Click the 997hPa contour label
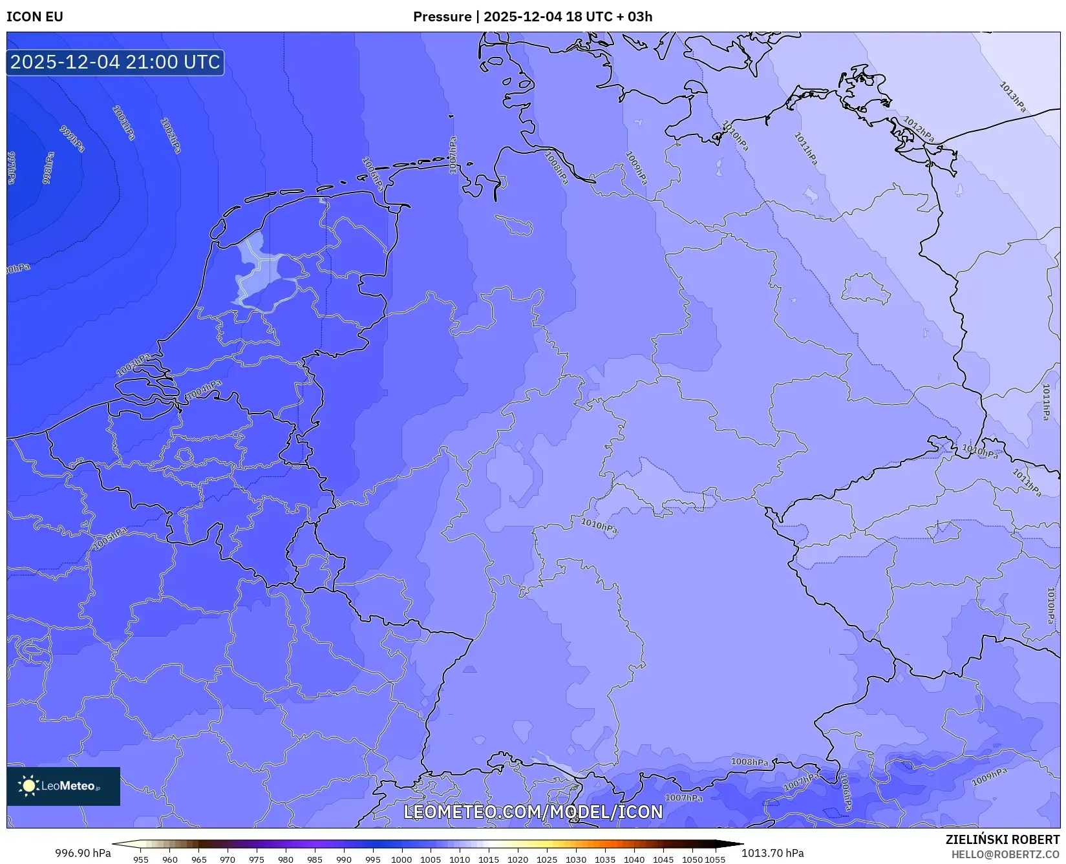point(12,168)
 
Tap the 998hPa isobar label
point(48,168)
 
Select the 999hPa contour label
point(72,139)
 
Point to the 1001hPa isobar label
point(123,123)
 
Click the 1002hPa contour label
point(171,136)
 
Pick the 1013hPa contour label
point(1012,97)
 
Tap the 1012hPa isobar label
point(919,129)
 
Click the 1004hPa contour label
point(203,390)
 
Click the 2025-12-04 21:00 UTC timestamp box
point(115,62)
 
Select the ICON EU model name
point(35,17)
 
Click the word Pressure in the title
point(442,17)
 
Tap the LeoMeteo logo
point(63,786)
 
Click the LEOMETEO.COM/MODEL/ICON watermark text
point(533,812)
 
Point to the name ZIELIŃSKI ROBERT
point(1003,839)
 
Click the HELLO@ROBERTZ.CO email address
point(1005,854)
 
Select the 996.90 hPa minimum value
point(83,853)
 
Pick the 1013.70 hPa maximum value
point(773,853)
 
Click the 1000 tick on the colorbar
point(401,859)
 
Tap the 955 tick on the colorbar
point(141,859)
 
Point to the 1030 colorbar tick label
point(575,859)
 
